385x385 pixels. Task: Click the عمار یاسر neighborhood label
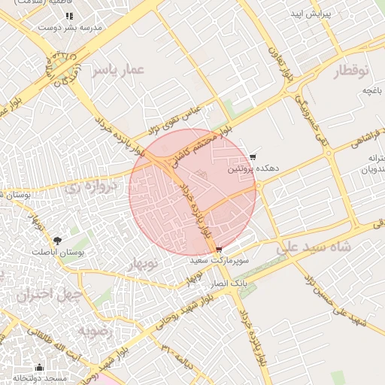pos(117,70)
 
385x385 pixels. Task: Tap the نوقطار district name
pos(349,72)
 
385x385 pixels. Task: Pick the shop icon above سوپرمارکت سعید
pos(219,250)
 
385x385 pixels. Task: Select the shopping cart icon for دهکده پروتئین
pos(252,157)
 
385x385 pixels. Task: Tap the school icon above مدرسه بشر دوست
pos(70,16)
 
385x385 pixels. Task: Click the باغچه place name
pos(369,91)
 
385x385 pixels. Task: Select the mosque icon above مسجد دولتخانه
pos(39,368)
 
